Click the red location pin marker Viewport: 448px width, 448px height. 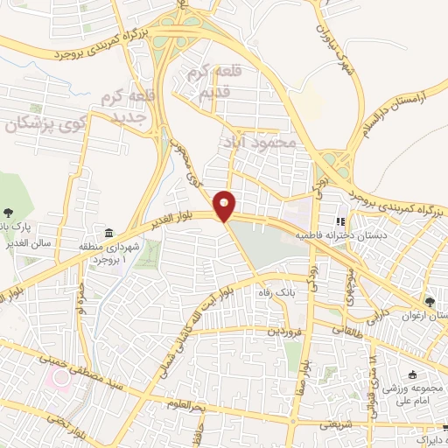point(226,206)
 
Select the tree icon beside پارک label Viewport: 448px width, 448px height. point(8,211)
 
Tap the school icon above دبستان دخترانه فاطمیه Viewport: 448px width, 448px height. point(342,222)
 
